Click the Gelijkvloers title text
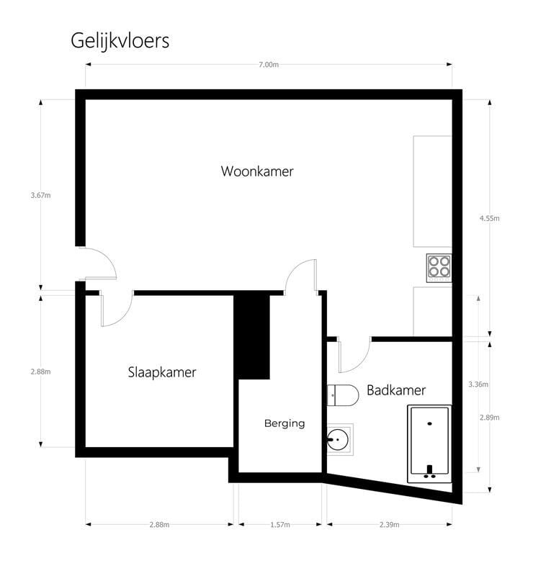[120, 41]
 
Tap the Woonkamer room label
[257, 171]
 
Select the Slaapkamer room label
[162, 372]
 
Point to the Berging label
[285, 423]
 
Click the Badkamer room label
[396, 390]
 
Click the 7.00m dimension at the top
[269, 65]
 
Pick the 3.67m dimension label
[41, 195]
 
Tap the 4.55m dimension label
[490, 218]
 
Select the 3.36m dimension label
[478, 384]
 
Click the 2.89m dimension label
[490, 418]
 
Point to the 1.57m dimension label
[280, 525]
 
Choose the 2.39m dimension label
[390, 525]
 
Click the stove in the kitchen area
[439, 268]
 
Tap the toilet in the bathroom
[343, 395]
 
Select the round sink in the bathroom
[338, 439]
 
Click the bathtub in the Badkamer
[430, 444]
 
